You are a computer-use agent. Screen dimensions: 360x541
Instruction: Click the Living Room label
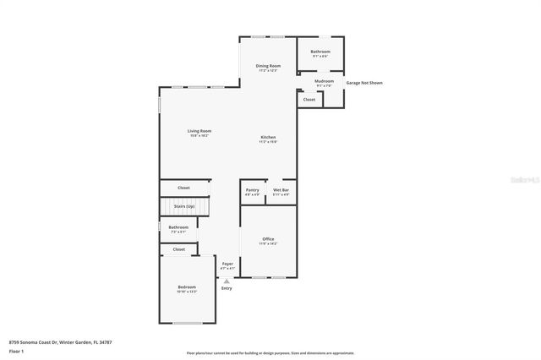199,131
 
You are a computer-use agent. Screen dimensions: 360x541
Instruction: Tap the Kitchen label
268,138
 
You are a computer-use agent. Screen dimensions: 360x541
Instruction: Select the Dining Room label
269,65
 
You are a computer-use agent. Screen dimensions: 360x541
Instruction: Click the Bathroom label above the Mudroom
320,52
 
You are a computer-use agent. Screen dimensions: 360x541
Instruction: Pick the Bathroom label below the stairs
178,227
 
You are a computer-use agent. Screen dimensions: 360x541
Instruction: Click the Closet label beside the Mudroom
309,100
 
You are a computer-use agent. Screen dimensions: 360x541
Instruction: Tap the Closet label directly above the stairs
183,188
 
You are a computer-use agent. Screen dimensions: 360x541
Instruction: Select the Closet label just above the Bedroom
178,249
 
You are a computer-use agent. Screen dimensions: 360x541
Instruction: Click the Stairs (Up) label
184,206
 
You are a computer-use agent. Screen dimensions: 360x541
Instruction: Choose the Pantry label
252,190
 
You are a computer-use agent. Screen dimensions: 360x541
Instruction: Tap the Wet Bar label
281,190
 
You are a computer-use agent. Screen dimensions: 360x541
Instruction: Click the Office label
268,239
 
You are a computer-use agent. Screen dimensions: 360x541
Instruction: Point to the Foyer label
227,265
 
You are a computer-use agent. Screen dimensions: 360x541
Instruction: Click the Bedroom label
187,287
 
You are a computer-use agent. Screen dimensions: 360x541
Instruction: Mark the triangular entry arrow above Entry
227,281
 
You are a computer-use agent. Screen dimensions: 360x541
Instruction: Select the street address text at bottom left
60,342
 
